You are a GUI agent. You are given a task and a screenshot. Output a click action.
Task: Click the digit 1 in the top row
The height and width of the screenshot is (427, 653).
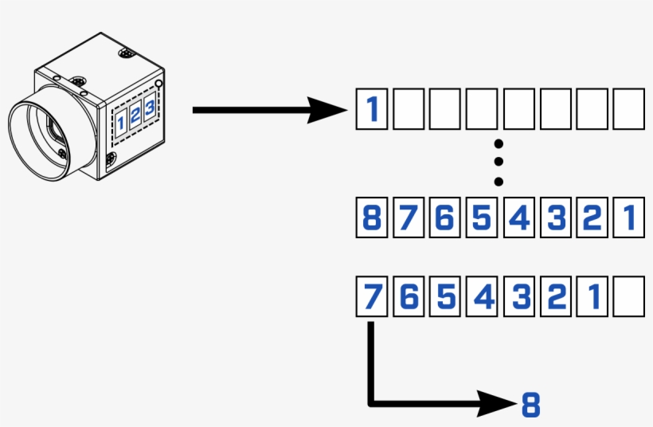pos(371,109)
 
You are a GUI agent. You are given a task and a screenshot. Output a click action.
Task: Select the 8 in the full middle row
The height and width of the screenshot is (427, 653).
pos(371,217)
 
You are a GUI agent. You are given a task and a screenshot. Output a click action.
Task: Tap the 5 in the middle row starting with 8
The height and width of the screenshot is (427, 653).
pos(481,217)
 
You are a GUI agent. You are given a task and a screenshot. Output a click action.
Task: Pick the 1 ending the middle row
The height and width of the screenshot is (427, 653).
pos(628,217)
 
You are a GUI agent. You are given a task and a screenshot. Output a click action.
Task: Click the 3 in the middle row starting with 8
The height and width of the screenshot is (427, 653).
pos(555,217)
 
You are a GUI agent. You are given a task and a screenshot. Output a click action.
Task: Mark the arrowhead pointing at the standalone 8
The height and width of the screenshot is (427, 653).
pos(498,404)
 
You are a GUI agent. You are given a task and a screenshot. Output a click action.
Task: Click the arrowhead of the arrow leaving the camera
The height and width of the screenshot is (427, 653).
pos(330,110)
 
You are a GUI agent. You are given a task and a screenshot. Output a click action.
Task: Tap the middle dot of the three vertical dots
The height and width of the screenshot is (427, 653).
pos(499,163)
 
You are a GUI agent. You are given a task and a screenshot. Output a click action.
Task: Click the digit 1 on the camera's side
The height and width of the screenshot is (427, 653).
pos(121,122)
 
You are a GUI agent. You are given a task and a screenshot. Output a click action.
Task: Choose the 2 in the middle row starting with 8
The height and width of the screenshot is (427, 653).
pos(592,217)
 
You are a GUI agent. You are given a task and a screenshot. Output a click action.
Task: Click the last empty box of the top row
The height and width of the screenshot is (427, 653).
pos(628,109)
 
